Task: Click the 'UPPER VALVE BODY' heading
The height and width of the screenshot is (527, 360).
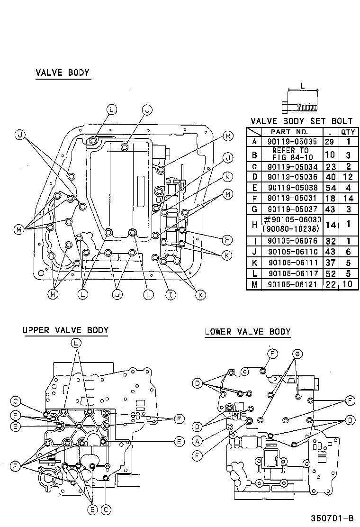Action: (65, 330)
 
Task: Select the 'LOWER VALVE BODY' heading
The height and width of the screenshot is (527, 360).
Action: (247, 332)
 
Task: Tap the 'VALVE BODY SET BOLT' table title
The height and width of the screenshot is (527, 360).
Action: (301, 122)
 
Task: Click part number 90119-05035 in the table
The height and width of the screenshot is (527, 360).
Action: (292, 141)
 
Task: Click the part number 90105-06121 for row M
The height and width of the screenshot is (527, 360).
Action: (292, 285)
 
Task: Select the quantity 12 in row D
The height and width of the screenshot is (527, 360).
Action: (347, 177)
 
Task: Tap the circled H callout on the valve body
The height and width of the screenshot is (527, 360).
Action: (228, 240)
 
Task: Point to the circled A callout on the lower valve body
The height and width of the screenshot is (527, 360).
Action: (197, 441)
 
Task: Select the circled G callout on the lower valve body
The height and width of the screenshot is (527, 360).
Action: (297, 354)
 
